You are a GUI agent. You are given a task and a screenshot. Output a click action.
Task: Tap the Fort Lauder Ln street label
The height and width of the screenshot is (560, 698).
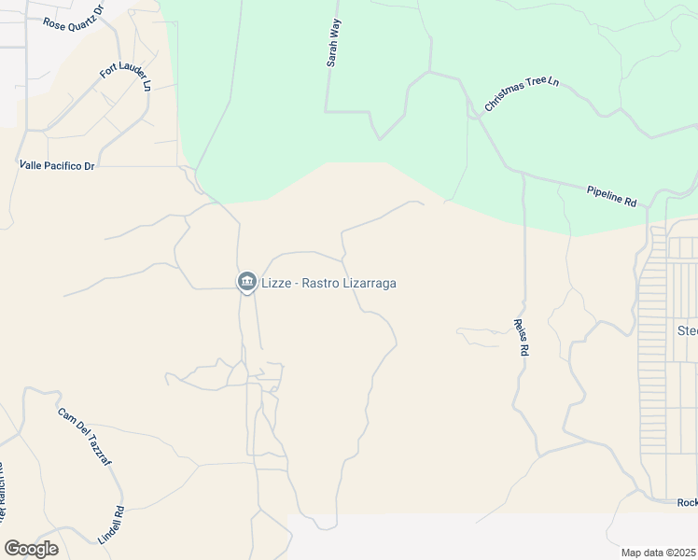(x=126, y=78)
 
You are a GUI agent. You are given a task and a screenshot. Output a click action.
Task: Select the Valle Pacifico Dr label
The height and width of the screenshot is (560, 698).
(x=58, y=165)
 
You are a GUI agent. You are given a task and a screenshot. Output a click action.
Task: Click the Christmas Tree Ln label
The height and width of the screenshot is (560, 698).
(x=521, y=94)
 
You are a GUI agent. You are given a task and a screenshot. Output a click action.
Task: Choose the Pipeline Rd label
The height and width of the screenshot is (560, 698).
(x=611, y=195)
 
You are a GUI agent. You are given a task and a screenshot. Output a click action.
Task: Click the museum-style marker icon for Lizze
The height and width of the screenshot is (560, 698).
(x=247, y=282)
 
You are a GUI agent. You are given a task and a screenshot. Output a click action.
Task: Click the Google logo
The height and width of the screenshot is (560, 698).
(x=31, y=549)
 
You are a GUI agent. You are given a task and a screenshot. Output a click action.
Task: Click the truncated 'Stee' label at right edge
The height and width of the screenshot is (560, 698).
(x=687, y=331)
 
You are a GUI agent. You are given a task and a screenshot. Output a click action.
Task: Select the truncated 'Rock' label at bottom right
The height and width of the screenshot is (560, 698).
(x=687, y=502)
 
